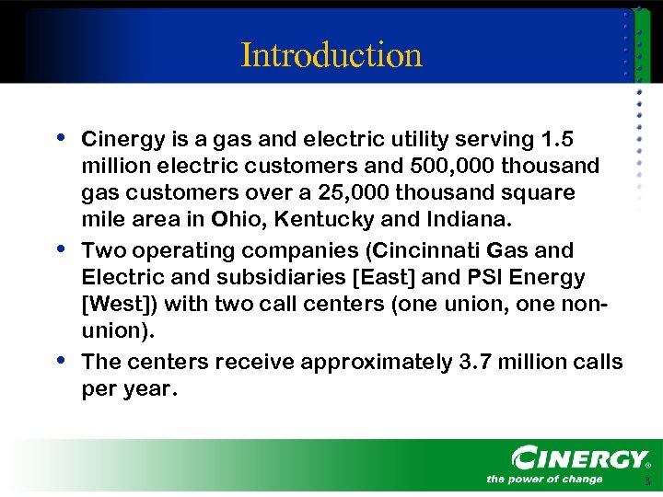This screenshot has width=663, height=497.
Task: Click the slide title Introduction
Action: click(331, 55)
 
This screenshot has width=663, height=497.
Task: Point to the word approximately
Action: click(368, 362)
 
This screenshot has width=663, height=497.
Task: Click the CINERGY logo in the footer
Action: click(580, 457)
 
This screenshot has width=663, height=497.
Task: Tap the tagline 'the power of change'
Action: click(544, 479)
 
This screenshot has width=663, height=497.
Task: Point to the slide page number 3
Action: click(647, 481)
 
